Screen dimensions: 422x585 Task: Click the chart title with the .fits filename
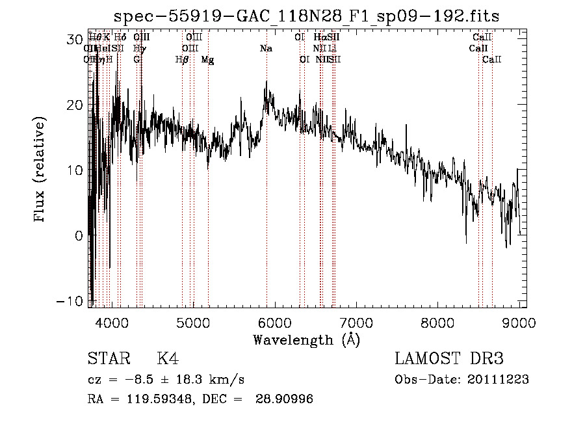pyautogui.click(x=306, y=16)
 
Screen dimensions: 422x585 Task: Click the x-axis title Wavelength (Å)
pyautogui.click(x=306, y=339)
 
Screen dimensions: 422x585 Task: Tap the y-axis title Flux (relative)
pyautogui.click(x=40, y=170)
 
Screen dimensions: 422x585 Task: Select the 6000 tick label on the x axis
pyautogui.click(x=274, y=323)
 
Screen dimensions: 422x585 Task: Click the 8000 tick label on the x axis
pyautogui.click(x=437, y=323)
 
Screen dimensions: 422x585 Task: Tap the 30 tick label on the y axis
pyautogui.click(x=75, y=39)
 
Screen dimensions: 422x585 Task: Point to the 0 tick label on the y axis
pyautogui.click(x=79, y=235)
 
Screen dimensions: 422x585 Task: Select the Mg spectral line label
pyautogui.click(x=207, y=60)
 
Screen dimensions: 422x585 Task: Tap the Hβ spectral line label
pyautogui.click(x=182, y=60)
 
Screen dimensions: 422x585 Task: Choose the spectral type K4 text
pyautogui.click(x=168, y=360)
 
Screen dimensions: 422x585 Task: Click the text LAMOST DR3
pyautogui.click(x=449, y=360)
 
